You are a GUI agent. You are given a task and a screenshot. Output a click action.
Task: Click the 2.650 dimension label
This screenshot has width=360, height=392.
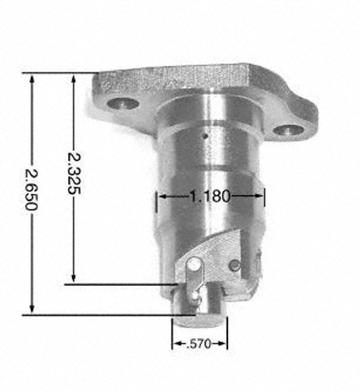[x=31, y=190]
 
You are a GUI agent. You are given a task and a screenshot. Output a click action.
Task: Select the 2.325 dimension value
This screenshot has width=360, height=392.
[x=74, y=173]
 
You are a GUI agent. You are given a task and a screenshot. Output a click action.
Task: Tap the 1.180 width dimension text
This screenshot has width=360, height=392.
[x=210, y=196]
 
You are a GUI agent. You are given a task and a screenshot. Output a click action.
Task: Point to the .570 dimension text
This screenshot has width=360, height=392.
[x=199, y=343]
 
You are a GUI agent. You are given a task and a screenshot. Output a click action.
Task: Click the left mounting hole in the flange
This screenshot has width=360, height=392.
[x=123, y=103]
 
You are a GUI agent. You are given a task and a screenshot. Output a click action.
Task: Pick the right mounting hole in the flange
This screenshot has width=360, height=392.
[x=289, y=130]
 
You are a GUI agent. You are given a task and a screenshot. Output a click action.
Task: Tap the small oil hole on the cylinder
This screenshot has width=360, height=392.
[x=206, y=136]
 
